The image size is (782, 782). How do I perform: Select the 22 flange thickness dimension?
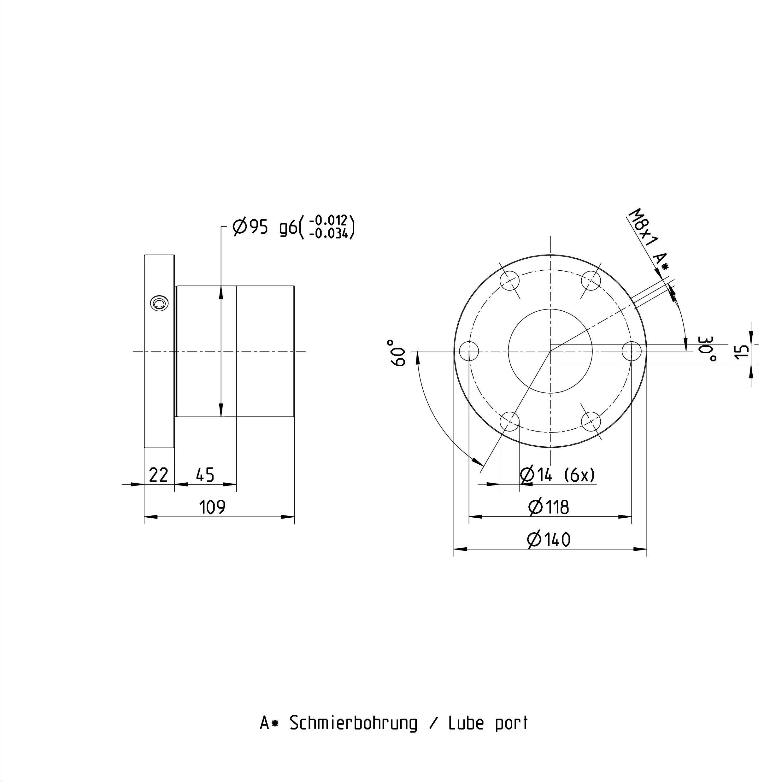[158, 475]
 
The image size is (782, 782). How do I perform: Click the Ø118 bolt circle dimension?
[549, 507]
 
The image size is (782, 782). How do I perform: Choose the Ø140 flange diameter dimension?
[549, 539]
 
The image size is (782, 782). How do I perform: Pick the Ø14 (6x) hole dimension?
[558, 474]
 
